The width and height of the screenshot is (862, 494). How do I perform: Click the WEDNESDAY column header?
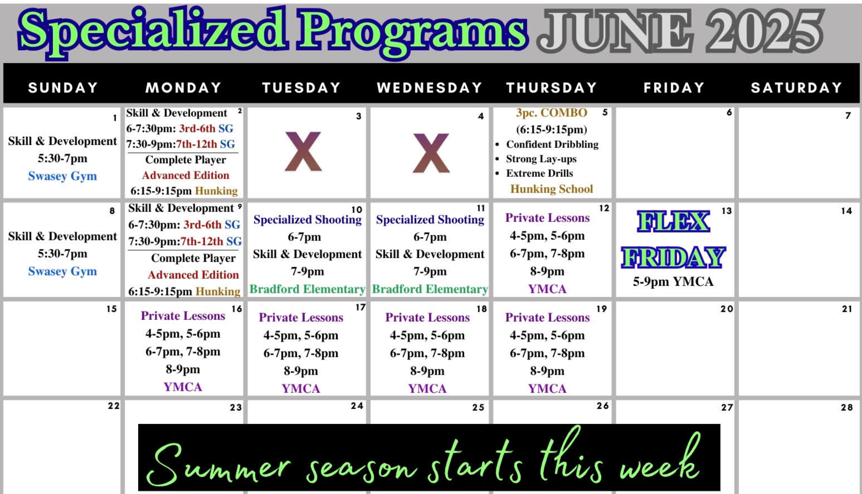tap(430, 87)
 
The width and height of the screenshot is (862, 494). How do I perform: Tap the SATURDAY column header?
tap(796, 87)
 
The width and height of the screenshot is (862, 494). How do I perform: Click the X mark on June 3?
tap(303, 152)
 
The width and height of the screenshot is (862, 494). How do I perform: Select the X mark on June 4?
tap(431, 153)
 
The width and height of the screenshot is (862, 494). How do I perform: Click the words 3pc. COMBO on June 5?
tap(551, 113)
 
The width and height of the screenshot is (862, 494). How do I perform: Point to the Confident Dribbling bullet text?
tap(552, 144)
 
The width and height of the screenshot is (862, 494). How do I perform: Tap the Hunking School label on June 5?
tap(551, 189)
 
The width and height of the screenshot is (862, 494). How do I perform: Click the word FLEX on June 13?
tap(673, 222)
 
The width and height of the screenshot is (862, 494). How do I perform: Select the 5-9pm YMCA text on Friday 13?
tap(673, 282)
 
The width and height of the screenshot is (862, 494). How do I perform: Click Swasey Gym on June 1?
tap(62, 176)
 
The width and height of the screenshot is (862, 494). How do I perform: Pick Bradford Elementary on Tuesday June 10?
tap(308, 289)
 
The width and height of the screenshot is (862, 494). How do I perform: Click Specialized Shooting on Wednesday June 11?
tap(430, 219)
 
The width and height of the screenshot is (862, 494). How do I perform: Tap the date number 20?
tap(727, 309)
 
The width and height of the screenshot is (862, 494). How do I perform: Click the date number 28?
tap(847, 407)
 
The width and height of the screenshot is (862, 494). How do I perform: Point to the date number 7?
tap(848, 115)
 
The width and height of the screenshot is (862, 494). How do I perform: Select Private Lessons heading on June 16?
tap(183, 316)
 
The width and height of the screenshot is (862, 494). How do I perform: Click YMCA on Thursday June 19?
tap(547, 389)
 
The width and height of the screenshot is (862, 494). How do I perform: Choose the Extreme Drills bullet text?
tap(540, 173)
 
